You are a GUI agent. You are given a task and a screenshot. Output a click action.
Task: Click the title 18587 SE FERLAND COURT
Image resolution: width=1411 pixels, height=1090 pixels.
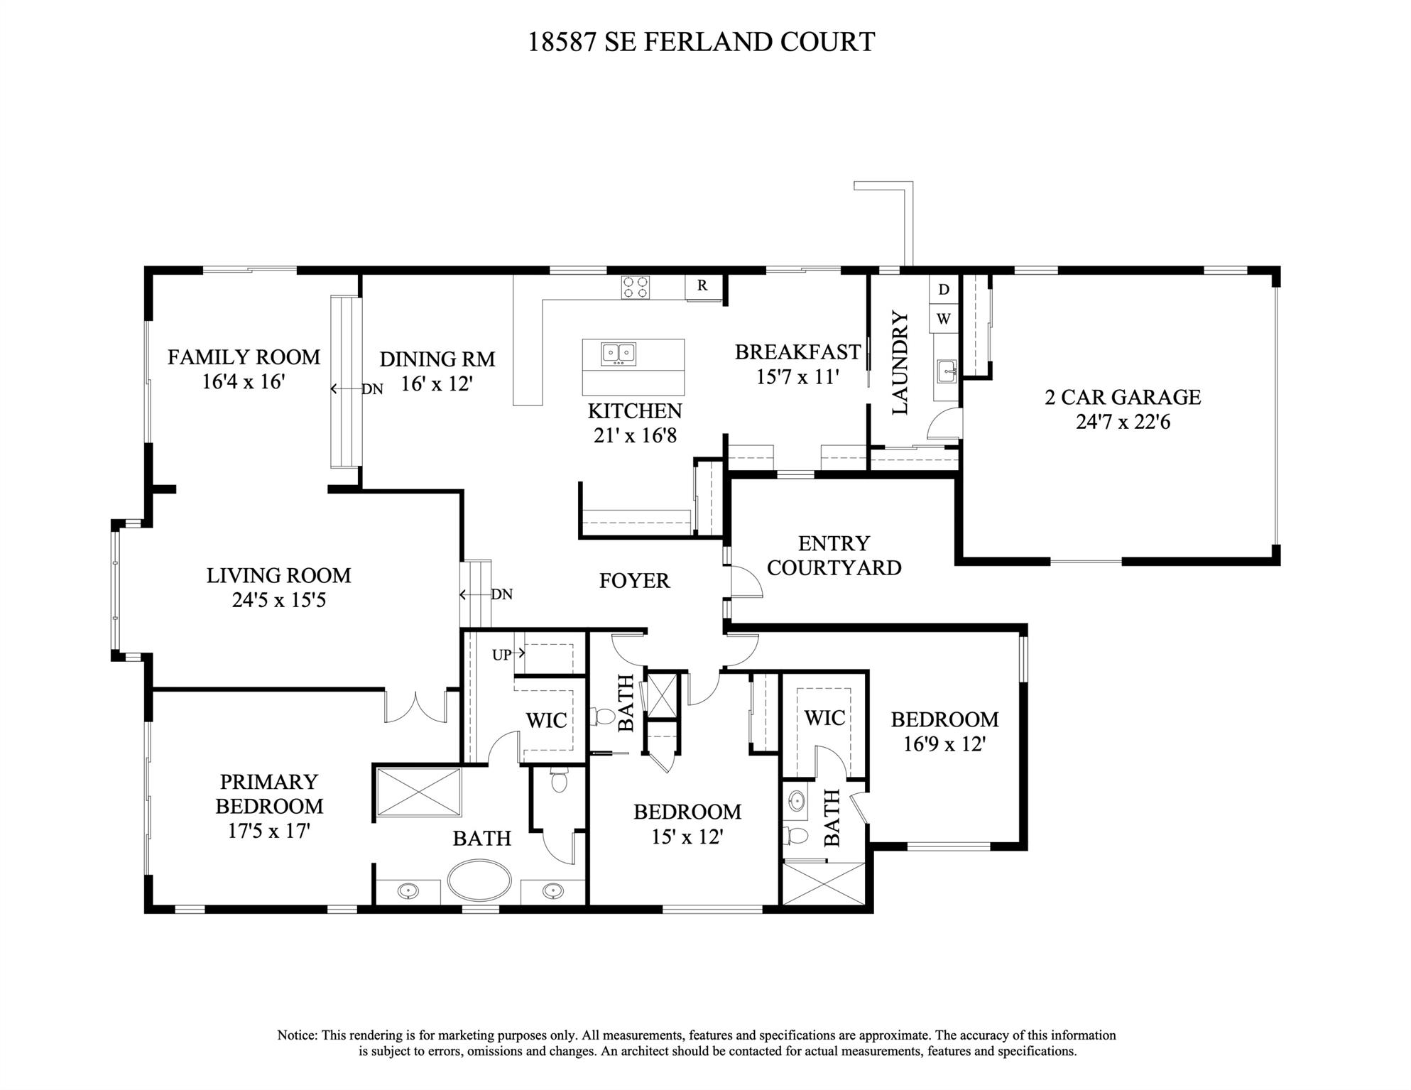700,42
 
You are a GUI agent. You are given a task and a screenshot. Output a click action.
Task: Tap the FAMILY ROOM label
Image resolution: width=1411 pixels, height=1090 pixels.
244,356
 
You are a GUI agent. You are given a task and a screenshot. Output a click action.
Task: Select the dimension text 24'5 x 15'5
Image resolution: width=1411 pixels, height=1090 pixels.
278,601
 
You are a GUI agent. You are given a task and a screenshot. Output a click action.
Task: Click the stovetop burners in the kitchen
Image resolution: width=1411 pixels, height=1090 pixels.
635,287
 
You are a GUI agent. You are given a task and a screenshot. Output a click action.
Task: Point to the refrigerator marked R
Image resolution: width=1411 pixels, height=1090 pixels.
702,285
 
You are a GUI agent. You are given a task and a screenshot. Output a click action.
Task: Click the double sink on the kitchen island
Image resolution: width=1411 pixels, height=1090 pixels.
619,353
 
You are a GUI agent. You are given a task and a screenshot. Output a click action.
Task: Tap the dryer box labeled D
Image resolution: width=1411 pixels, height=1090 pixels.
943,289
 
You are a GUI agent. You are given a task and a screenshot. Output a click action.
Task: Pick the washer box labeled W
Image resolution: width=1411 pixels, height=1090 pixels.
943,319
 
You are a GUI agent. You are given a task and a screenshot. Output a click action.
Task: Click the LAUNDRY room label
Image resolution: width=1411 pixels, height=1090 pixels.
900,363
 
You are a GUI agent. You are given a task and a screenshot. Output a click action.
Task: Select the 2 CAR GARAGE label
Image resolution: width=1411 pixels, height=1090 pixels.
1123,397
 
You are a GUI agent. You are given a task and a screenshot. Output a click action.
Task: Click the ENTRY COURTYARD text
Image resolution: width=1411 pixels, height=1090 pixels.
834,555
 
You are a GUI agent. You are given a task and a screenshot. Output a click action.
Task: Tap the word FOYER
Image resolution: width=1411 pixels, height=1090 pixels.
634,581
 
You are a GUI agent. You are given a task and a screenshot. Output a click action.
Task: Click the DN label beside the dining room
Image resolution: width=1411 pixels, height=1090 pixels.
372,389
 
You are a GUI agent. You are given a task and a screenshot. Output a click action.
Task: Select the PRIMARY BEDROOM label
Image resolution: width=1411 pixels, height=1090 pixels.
269,794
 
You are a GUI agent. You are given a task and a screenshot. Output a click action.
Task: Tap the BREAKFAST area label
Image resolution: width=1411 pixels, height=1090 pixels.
797,351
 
